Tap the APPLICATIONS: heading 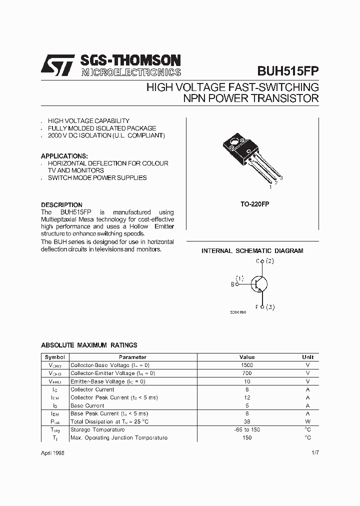[x=64, y=156]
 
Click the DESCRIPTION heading [x=61, y=205]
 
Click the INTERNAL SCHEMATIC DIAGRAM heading [x=252, y=251]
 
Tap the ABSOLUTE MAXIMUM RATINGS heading [x=89, y=345]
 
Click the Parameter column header [x=132, y=357]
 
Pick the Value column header [x=247, y=357]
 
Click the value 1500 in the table [x=247, y=365]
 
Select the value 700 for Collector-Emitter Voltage [x=247, y=373]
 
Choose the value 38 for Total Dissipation [x=247, y=421]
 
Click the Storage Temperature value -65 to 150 [x=247, y=429]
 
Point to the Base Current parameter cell [x=87, y=405]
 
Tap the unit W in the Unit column [x=307, y=421]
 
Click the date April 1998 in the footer [x=52, y=452]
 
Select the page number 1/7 [x=314, y=452]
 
